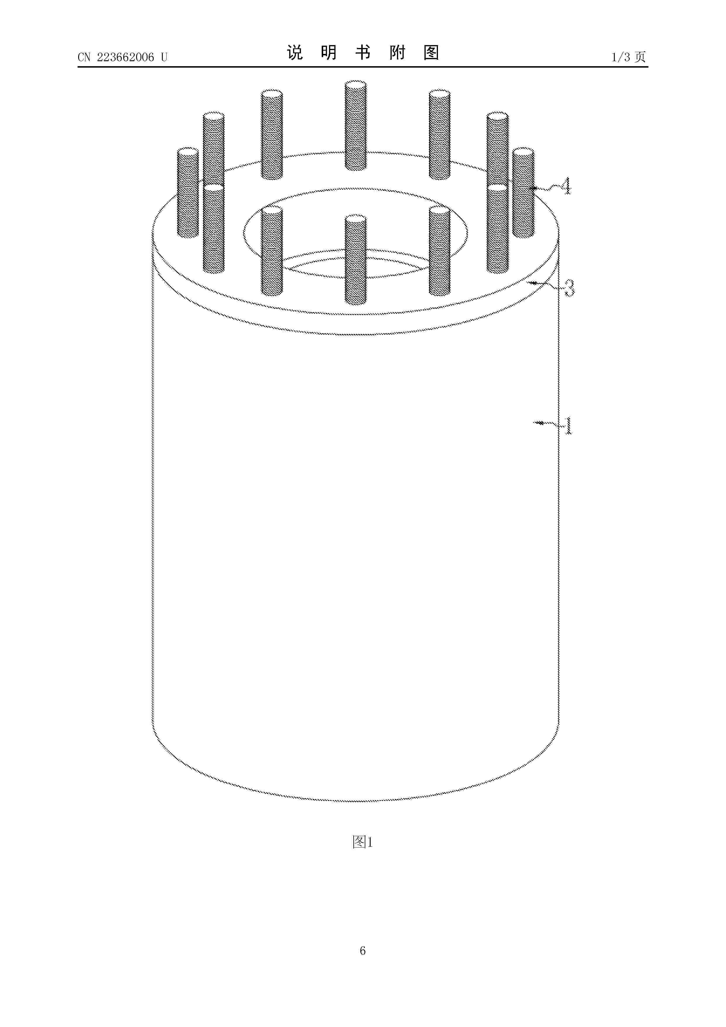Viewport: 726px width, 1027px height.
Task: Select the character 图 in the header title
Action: (x=431, y=53)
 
